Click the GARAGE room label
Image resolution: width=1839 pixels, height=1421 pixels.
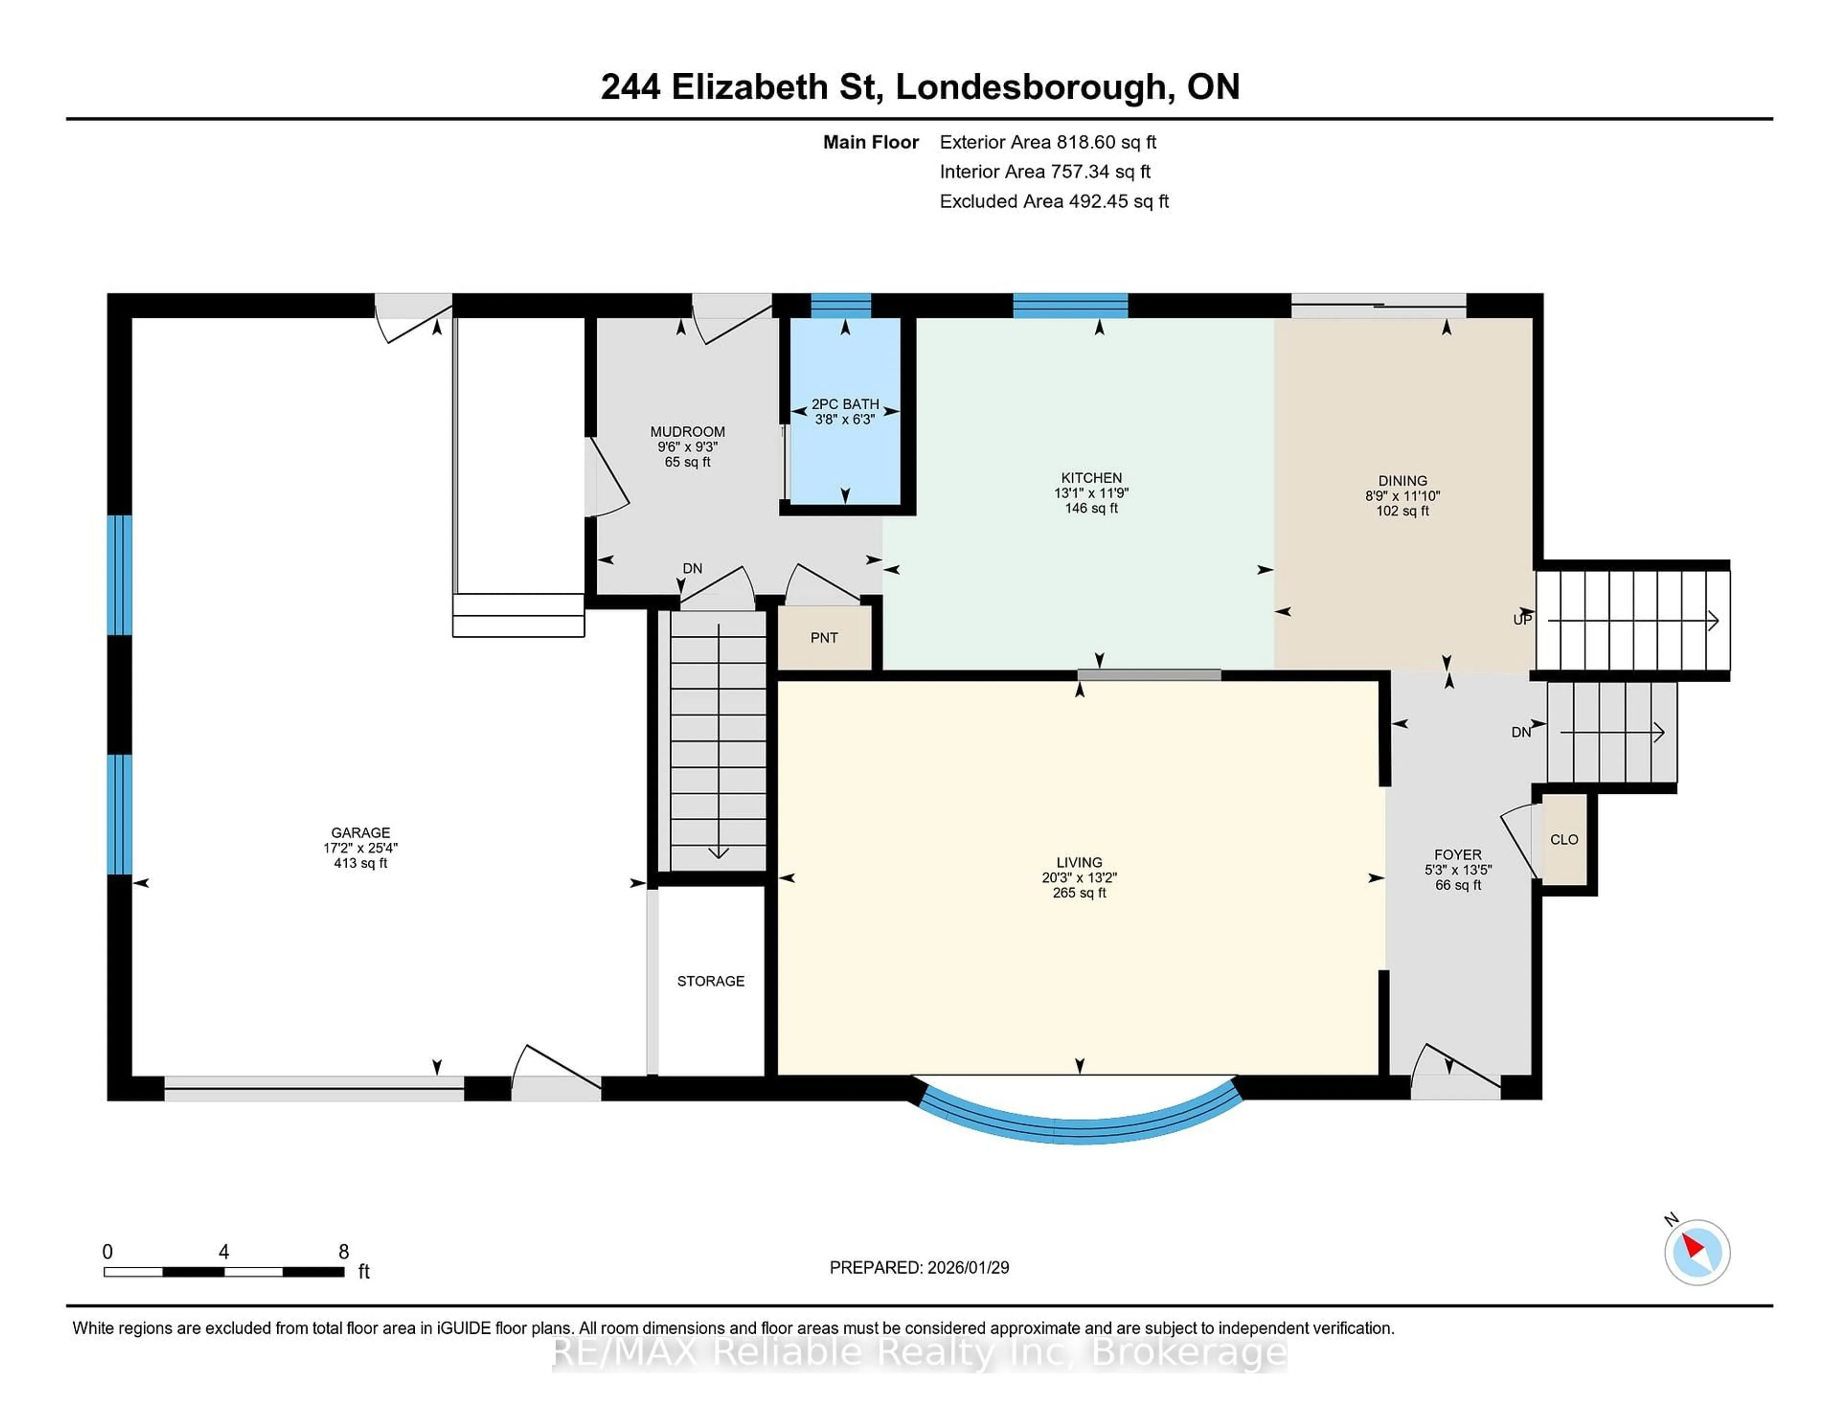click(x=361, y=833)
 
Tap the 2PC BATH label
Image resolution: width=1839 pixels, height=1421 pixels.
click(x=845, y=404)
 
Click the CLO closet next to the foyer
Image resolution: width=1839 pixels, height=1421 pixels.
click(x=1564, y=839)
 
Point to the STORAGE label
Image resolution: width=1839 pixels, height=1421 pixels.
click(x=711, y=981)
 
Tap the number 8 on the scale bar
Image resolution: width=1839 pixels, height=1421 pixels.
click(x=343, y=1252)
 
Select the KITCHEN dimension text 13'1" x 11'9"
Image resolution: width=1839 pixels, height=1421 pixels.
click(x=1091, y=493)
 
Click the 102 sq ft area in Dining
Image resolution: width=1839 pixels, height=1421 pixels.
click(x=1402, y=511)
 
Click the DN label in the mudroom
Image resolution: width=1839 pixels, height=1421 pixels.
click(x=692, y=568)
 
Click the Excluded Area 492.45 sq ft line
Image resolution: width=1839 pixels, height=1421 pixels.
click(x=1054, y=201)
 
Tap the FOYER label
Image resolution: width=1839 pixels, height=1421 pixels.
click(x=1458, y=855)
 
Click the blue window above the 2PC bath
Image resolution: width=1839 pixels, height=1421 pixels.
click(x=840, y=305)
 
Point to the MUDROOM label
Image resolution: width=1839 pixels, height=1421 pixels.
click(x=687, y=432)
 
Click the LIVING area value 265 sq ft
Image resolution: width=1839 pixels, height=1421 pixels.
click(x=1078, y=892)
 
